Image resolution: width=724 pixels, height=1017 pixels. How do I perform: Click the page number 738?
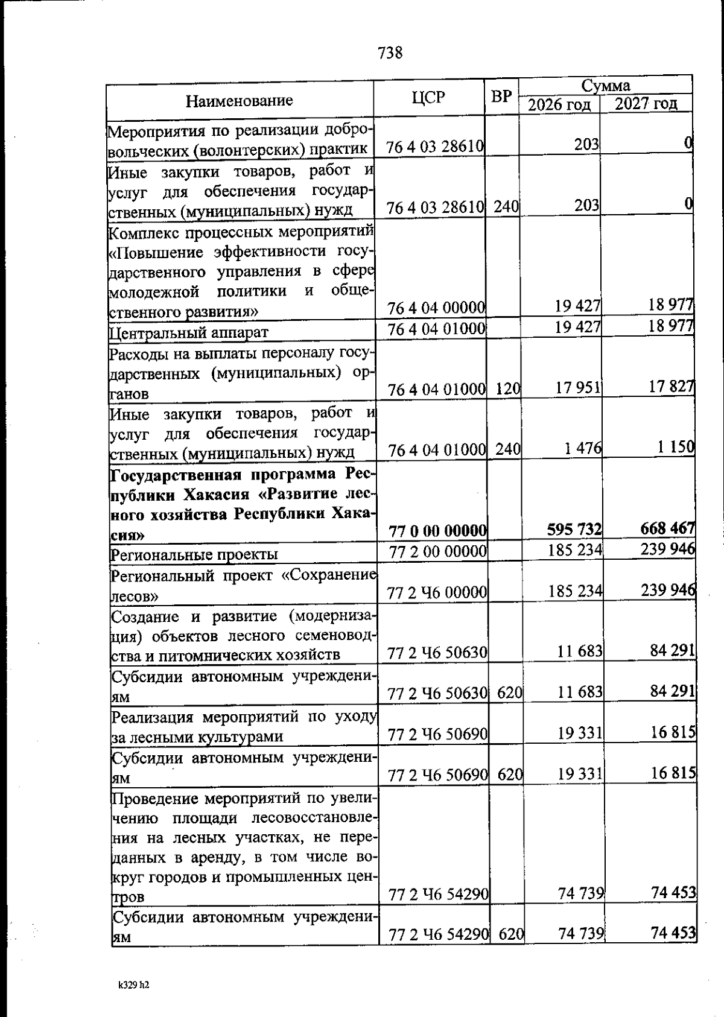390,53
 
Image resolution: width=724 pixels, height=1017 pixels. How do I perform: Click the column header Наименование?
239,100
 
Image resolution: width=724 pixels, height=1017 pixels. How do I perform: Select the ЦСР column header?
429,97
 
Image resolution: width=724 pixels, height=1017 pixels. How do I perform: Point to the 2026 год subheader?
559,104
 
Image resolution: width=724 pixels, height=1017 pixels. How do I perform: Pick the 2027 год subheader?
646,104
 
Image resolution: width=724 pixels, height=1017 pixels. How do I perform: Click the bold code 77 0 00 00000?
437,531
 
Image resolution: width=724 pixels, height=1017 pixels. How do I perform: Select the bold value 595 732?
574,529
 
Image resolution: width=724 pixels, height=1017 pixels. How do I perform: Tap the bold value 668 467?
667,528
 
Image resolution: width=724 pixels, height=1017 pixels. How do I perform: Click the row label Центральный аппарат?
189,332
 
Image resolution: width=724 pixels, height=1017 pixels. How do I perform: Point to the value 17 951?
578,387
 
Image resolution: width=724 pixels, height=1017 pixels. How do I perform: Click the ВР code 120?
507,389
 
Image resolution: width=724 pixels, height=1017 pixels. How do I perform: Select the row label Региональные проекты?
194,554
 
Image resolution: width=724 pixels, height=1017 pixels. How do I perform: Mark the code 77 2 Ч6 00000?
437,593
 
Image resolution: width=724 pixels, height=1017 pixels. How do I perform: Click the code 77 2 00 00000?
437,551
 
